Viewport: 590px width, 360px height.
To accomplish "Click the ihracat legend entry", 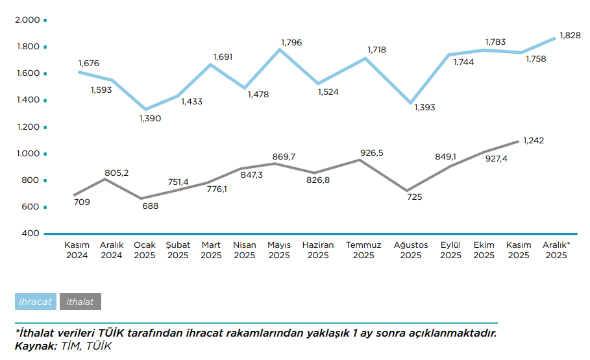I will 36,302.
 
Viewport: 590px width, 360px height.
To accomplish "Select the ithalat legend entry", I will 80,302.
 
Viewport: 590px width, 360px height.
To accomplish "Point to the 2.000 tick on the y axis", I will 27,20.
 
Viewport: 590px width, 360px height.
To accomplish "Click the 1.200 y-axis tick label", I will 27,127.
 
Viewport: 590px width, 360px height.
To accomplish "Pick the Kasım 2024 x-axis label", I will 77,250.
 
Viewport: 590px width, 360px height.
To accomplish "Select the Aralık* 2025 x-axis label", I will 556,250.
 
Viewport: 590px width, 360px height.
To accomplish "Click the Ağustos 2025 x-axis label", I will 411,250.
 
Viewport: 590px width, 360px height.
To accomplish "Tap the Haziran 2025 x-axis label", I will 318,250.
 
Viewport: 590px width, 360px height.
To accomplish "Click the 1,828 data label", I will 569,36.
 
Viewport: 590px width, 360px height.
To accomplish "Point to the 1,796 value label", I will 291,43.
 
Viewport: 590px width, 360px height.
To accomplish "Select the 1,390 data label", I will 150,119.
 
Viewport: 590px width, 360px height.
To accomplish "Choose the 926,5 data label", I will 372,153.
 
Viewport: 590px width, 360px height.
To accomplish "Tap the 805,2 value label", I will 117,173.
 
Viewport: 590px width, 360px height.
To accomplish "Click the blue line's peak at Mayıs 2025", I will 280,49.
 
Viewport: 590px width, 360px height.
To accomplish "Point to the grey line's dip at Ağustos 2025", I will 407,191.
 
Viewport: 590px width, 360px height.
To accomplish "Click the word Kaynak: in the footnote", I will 36,346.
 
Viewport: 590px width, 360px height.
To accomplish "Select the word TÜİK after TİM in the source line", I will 99,346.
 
